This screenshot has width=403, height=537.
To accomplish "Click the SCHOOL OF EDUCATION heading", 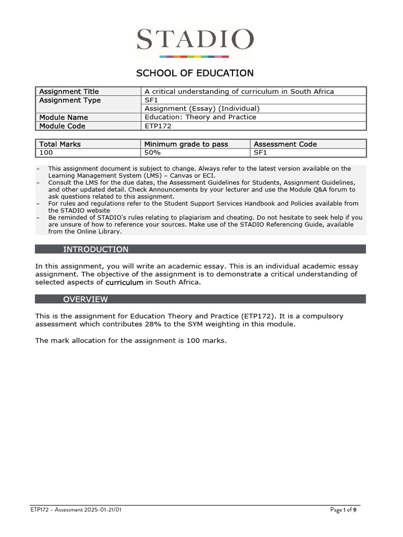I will [195, 73].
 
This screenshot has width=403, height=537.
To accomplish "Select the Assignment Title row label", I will [69, 91].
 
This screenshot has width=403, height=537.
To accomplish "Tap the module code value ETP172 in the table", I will [158, 126].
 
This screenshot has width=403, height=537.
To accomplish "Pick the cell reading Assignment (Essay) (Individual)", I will [202, 109].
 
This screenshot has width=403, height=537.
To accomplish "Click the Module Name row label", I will [63, 117].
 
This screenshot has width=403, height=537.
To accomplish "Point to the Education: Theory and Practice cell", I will [200, 117].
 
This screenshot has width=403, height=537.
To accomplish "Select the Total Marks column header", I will [60, 144].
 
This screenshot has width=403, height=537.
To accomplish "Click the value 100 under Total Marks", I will [46, 153].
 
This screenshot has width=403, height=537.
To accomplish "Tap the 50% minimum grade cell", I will [153, 153].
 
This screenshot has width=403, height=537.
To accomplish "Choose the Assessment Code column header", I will [285, 144].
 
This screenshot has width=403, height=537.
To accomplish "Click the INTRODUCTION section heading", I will [96, 249].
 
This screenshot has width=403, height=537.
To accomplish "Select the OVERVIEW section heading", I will [86, 299].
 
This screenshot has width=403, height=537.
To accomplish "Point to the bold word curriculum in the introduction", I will [124, 282].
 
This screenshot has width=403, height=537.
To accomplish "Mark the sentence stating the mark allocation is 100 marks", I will [131, 340].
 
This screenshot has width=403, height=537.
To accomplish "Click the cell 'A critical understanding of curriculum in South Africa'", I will [239, 91].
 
